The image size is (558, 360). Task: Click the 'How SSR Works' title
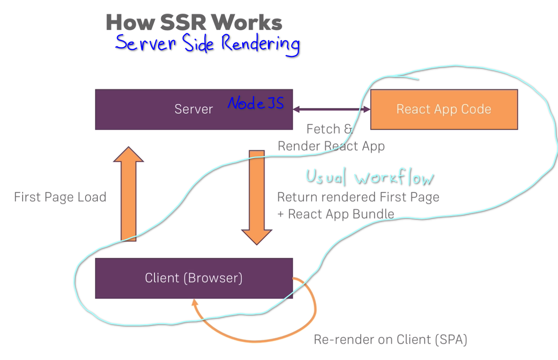click(194, 22)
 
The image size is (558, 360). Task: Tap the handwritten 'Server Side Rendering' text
click(207, 44)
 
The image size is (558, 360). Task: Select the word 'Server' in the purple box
click(193, 109)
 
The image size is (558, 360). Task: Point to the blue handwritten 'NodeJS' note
click(256, 103)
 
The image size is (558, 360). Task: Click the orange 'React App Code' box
click(444, 109)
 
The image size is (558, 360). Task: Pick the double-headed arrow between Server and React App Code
click(331, 109)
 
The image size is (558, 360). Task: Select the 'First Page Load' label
click(60, 197)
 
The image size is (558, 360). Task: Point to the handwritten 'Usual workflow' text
click(370, 177)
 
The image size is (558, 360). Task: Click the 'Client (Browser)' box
click(193, 278)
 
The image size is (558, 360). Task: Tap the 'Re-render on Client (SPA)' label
click(390, 340)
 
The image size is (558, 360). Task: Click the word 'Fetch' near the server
click(323, 129)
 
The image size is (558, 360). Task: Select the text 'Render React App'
click(331, 146)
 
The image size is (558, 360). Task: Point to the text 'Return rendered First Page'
click(358, 197)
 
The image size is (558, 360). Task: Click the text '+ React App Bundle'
click(336, 214)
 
